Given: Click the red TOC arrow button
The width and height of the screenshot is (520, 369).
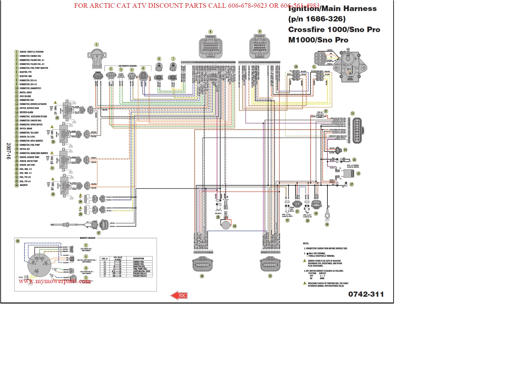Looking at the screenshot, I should point(179,295).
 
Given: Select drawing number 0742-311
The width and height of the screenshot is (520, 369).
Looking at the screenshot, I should point(366,294).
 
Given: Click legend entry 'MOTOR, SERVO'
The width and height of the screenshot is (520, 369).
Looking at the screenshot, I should point(26,92).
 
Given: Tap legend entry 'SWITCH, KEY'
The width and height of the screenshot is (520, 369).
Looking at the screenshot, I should point(25,149).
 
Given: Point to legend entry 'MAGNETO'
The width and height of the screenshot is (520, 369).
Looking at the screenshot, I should point(24,185).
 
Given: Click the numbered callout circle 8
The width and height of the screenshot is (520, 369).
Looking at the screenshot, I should point(210,32).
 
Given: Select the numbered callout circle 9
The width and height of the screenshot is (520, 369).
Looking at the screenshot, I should point(260,32).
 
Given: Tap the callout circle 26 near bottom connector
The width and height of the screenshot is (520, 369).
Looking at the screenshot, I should point(202,276).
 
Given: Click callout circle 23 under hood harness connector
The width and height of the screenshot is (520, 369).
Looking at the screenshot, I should point(270,276).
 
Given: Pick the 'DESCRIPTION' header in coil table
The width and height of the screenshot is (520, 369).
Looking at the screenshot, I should point(138,258).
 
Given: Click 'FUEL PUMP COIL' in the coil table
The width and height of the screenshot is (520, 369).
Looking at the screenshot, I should point(140,269).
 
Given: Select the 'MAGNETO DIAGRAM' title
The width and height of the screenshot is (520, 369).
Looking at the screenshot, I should point(88,238).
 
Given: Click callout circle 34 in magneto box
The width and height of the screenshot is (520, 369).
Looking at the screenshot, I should point(18,241).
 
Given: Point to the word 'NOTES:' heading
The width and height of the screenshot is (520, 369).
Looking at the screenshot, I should point(306,243).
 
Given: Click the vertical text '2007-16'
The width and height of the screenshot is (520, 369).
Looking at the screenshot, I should point(8,151).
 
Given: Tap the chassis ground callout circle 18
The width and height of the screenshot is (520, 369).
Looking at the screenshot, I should point(327,224).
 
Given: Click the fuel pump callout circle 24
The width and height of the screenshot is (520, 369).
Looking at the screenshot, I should point(234,226).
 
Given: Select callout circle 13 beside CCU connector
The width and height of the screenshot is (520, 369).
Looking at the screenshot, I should point(352,113).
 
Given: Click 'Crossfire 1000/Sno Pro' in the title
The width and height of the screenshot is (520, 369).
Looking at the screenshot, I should point(334,30).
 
